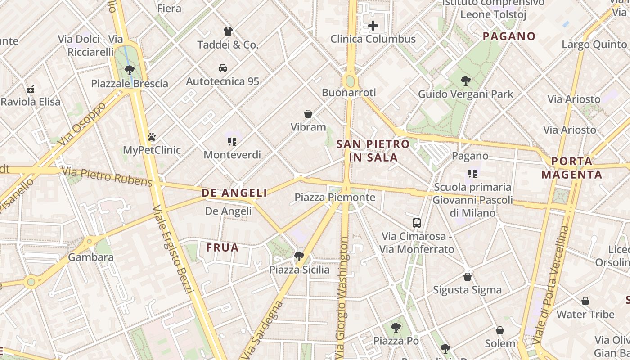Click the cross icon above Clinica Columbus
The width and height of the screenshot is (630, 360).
pos(373,26)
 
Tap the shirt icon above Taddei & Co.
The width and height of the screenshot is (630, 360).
pos(228,31)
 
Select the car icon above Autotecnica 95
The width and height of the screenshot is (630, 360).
pos(223,68)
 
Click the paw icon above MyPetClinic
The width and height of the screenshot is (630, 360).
pos(152,137)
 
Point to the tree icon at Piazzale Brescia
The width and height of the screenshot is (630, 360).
pos(130,70)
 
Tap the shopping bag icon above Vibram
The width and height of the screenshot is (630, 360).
pos(308,114)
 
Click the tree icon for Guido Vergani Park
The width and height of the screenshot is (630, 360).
pos(466,81)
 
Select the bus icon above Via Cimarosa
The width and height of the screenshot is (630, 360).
pos(417,223)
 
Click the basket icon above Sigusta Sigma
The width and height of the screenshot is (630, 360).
pos(468,277)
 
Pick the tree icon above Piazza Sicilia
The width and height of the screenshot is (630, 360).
pos(299,256)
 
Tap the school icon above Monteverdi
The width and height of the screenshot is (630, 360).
pos(232,142)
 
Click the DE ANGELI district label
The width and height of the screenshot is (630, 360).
pos(234,193)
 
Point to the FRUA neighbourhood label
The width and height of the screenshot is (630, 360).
pos(222,247)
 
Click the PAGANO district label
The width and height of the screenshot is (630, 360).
pos(509,36)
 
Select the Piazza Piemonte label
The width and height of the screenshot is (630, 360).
pos(335,197)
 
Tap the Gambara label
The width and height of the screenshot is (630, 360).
pos(91,257)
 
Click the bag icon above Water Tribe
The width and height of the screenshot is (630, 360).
pos(585,301)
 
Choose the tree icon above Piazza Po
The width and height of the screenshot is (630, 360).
pos(396,327)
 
